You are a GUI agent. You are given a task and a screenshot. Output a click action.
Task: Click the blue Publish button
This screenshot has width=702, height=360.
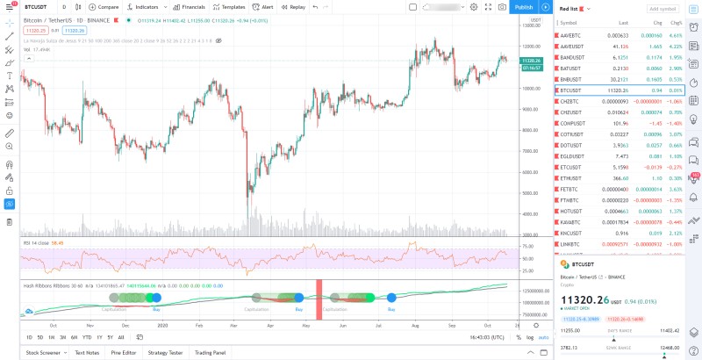click(523, 7)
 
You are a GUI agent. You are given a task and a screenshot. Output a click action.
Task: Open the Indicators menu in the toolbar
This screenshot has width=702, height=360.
click(145, 7)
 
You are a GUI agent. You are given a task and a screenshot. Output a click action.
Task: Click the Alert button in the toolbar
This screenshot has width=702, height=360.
click(264, 7)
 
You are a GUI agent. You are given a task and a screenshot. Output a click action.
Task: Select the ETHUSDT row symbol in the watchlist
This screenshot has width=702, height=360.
click(572, 178)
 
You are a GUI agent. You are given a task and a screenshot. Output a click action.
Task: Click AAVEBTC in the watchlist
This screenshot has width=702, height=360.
click(570, 35)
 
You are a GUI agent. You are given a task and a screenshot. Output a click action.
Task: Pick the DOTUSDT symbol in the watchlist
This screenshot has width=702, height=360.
click(571, 145)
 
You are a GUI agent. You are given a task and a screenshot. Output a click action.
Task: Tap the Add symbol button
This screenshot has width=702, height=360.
click(663, 8)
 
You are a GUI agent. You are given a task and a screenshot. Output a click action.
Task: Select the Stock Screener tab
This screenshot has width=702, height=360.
click(43, 352)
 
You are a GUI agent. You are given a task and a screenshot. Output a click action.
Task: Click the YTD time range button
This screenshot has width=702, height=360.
click(87, 337)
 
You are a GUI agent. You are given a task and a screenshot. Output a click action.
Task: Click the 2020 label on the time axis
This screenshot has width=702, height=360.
click(162, 325)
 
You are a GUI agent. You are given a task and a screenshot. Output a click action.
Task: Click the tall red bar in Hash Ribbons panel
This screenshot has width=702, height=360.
click(319, 299)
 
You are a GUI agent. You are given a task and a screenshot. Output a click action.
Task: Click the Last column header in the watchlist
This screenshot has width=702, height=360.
click(623, 22)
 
